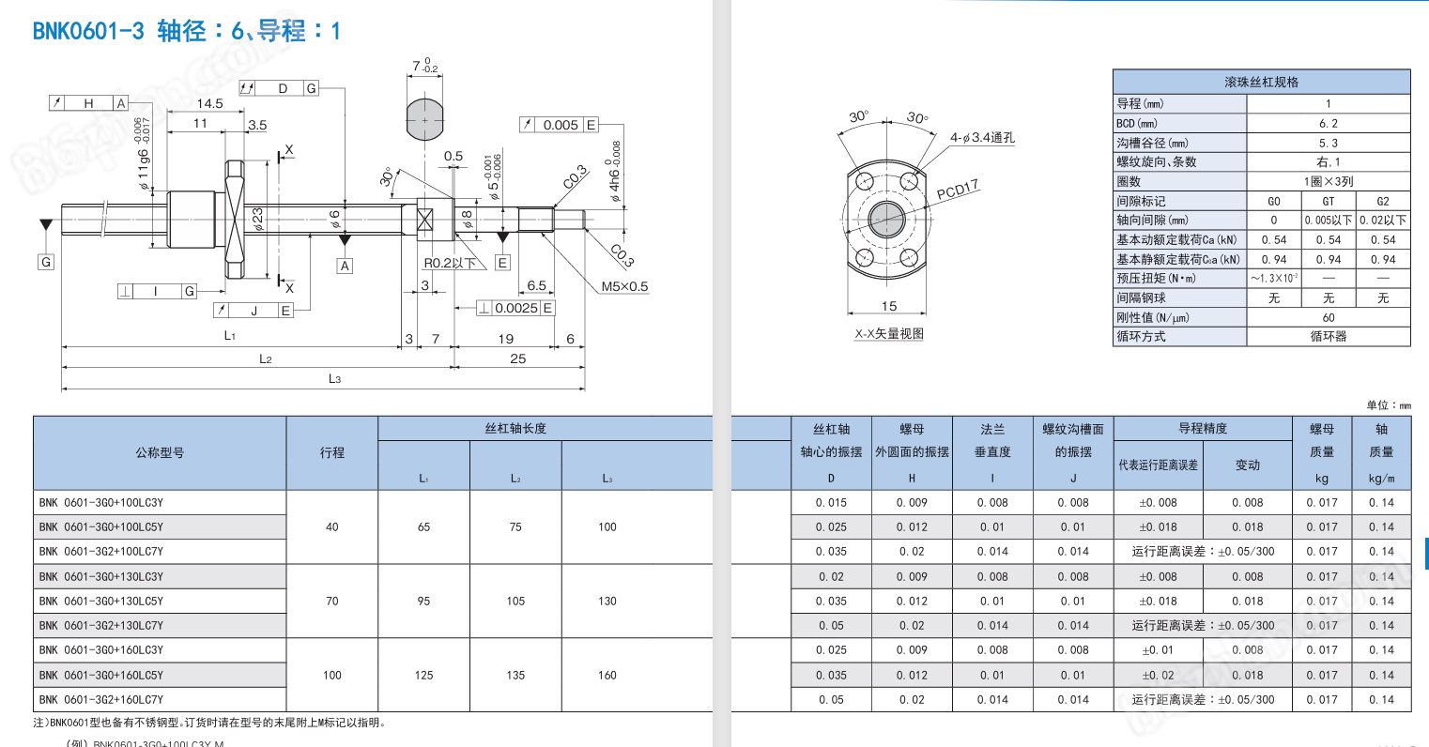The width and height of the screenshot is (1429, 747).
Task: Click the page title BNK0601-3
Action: pos(88,31)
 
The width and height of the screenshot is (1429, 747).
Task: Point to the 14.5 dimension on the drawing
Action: pos(209,103)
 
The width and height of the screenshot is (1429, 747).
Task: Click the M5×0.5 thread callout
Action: pos(624,286)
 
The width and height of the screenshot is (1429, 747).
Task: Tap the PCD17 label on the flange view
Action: pos(958,190)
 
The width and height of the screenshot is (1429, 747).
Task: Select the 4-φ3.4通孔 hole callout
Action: pos(982,138)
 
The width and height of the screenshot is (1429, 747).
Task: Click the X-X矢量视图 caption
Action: pos(888,333)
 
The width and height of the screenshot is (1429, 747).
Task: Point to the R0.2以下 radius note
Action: pos(450,264)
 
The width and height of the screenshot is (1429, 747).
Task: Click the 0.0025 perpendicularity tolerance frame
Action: pos(515,308)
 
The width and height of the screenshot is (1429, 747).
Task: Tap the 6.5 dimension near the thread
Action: pos(536,285)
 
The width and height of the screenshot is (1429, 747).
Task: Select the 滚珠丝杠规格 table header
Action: pos(1261,83)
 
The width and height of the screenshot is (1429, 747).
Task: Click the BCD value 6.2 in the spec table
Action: pos(1328,123)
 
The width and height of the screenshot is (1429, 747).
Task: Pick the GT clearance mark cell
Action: pos(1328,201)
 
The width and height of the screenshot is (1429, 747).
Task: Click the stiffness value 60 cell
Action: pos(1328,317)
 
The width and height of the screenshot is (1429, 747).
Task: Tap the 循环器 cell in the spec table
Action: pos(1328,336)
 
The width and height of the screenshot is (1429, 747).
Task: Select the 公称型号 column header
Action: pos(160,452)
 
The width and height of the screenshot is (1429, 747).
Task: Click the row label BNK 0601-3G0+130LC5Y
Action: pos(101,602)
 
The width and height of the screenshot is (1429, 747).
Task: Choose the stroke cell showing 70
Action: pos(331,602)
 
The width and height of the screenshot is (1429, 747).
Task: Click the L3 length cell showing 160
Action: pos(607,675)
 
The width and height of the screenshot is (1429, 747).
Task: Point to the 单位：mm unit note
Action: pos(1388,405)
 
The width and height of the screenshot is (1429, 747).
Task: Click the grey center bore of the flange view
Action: pos(884,221)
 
